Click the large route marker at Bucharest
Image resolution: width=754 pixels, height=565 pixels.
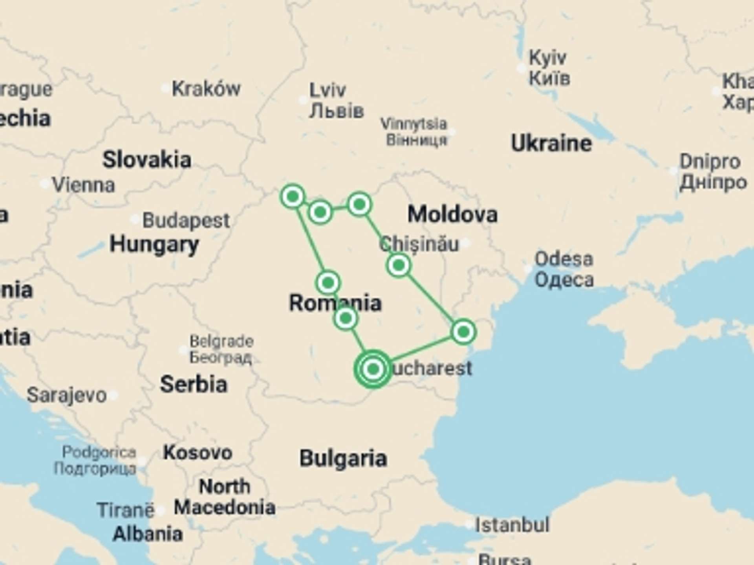(x=373, y=369)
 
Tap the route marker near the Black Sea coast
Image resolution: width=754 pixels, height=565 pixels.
(x=463, y=332)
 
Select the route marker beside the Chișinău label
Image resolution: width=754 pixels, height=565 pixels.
(x=399, y=266)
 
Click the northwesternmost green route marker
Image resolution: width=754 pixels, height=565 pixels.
(x=293, y=196)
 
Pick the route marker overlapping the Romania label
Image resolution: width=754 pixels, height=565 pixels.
(x=346, y=318)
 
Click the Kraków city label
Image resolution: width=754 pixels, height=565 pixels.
(x=206, y=89)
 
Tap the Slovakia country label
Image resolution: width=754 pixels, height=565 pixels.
(x=147, y=160)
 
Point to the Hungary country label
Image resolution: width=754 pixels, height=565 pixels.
(x=154, y=244)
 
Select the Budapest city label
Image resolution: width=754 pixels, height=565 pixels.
(x=186, y=221)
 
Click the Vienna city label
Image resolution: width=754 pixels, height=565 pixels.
(x=84, y=185)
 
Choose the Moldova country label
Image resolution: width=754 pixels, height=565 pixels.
(x=452, y=214)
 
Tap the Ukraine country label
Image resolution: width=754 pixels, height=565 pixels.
(x=551, y=143)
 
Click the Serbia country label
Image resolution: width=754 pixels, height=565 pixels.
(x=194, y=384)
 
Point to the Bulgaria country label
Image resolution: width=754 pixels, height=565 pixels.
(x=343, y=458)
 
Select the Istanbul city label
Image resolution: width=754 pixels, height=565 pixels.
(x=512, y=525)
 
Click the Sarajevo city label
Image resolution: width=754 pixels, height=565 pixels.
(x=67, y=395)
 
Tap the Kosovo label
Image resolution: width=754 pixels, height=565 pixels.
(x=198, y=453)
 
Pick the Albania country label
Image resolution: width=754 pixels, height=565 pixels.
(x=148, y=534)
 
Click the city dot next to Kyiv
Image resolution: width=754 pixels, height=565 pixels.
(x=521, y=68)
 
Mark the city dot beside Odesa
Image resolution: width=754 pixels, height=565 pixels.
(x=528, y=269)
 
